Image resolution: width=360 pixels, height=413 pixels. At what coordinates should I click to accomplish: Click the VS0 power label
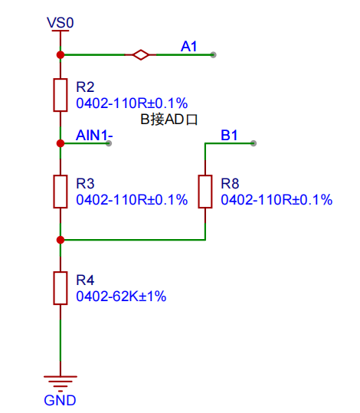[61, 23]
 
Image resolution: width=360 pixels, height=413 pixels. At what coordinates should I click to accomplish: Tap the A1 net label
[189, 46]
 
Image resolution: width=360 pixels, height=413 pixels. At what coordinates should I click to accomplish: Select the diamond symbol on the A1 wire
[141, 55]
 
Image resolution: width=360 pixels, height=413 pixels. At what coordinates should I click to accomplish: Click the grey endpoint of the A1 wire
[213, 55]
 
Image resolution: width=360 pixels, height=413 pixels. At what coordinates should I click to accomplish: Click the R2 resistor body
[61, 95]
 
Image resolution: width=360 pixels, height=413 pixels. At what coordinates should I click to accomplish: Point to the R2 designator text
[85, 87]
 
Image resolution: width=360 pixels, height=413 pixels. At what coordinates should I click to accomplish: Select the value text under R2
[132, 103]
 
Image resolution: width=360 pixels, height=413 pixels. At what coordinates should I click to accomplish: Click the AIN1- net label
[94, 135]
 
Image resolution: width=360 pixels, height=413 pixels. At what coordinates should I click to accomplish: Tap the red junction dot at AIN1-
[61, 143]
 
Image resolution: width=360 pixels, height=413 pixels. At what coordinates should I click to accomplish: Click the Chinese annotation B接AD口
[169, 120]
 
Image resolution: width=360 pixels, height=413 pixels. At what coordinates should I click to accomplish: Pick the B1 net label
[229, 135]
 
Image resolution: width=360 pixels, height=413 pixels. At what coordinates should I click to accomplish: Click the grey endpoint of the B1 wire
[254, 143]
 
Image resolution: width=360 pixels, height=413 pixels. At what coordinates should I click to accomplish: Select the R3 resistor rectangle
[61, 192]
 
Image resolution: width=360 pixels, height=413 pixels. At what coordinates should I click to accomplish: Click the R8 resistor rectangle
[205, 192]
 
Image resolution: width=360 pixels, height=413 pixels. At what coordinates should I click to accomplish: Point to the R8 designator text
[230, 184]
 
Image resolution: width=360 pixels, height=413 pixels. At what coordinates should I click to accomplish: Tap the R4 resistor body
[61, 288]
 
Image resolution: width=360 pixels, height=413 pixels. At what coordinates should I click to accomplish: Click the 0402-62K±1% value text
[121, 297]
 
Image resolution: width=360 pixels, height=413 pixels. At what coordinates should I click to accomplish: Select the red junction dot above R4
[61, 240]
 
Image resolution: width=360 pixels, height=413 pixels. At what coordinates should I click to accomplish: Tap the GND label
[60, 400]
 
